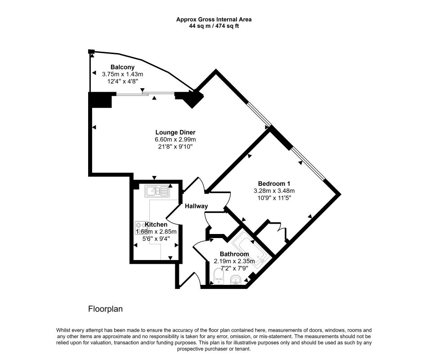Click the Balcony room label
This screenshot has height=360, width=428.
(x=122, y=67)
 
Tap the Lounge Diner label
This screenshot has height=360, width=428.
(x=175, y=132)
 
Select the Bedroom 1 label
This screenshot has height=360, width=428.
(x=274, y=184)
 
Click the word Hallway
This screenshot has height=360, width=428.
(x=196, y=206)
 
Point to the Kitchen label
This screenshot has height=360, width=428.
(x=156, y=225)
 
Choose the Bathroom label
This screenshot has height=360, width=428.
(x=234, y=254)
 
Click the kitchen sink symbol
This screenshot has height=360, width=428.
(x=157, y=191)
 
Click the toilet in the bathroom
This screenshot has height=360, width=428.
(x=218, y=276)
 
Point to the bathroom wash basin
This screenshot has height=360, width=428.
(x=235, y=279)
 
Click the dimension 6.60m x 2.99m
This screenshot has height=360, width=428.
(x=175, y=139)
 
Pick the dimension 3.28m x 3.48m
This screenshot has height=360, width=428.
(x=274, y=191)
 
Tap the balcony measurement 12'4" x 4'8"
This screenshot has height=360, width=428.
(x=123, y=81)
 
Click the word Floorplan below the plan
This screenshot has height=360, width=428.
(x=105, y=309)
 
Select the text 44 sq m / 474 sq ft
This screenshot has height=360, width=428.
(x=214, y=26)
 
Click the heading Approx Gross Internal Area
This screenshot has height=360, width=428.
(x=214, y=19)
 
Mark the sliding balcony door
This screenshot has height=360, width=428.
(x=146, y=94)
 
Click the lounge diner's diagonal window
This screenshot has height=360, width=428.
(x=259, y=115)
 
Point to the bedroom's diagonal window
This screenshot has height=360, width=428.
(x=308, y=164)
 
